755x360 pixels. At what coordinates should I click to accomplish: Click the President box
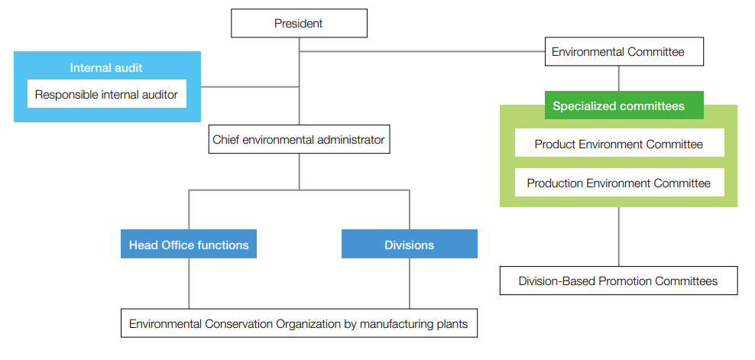point(299,23)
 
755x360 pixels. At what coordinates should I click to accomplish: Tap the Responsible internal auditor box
point(106,95)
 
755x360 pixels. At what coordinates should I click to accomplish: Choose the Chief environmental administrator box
point(298,140)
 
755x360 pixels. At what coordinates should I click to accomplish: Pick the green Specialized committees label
point(618,106)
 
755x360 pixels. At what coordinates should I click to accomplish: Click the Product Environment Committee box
point(618,144)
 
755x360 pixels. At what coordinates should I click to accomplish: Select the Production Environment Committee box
point(618,183)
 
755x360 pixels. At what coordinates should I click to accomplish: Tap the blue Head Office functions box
point(189,245)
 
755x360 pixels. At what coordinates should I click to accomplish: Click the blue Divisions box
point(409,245)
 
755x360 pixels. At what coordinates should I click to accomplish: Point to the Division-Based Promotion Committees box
point(618,281)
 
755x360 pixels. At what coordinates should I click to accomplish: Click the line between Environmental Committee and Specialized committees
point(618,78)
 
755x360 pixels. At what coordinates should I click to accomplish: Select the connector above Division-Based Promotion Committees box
point(618,236)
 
